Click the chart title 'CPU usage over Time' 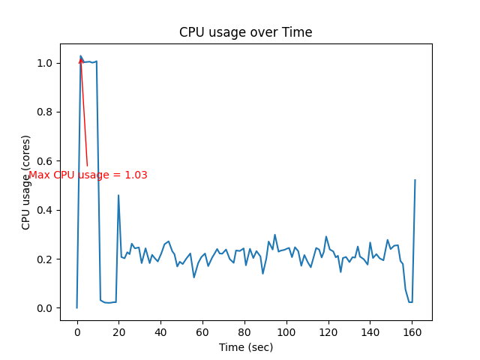[x=245, y=32]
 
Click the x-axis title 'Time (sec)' [x=245, y=347]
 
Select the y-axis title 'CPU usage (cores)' [x=26, y=182]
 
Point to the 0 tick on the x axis [x=77, y=332]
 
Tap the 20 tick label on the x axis [x=118, y=332]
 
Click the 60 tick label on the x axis [x=202, y=332]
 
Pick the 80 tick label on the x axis [x=244, y=332]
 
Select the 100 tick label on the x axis [x=286, y=332]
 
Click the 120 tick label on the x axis [x=328, y=332]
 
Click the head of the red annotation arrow [x=81, y=58]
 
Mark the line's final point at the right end [x=415, y=180]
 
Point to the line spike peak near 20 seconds [x=118, y=195]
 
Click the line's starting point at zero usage [x=77, y=307]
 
